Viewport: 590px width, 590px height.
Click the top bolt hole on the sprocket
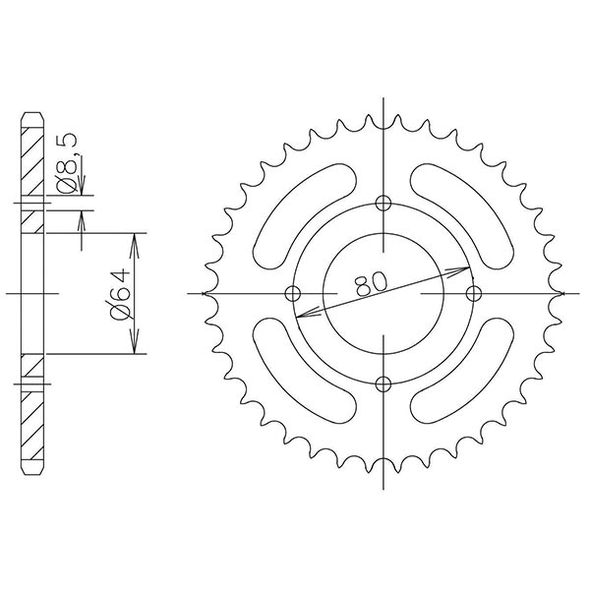coord(383,204)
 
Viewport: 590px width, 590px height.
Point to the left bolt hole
coord(292,293)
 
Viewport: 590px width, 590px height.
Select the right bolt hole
coord(476,293)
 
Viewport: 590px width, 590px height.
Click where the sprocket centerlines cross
coord(383,293)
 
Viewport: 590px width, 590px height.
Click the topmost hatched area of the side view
coord(32,156)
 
